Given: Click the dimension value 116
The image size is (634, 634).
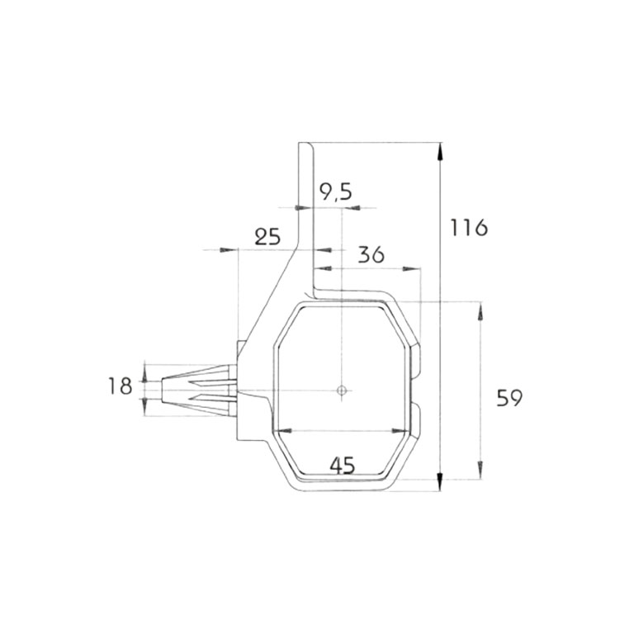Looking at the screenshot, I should click(x=469, y=226).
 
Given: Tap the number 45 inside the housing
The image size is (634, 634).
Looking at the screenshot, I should click(x=342, y=465).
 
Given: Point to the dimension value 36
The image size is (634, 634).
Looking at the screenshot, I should click(x=371, y=255).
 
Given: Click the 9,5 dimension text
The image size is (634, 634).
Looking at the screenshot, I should click(x=335, y=193).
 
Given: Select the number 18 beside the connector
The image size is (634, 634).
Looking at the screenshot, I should click(x=121, y=386).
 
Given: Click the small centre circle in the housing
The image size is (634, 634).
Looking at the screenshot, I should click(x=341, y=390).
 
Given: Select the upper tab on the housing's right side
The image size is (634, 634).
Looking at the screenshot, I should click(x=416, y=358).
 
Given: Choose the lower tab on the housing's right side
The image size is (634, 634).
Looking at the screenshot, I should click(x=416, y=420).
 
